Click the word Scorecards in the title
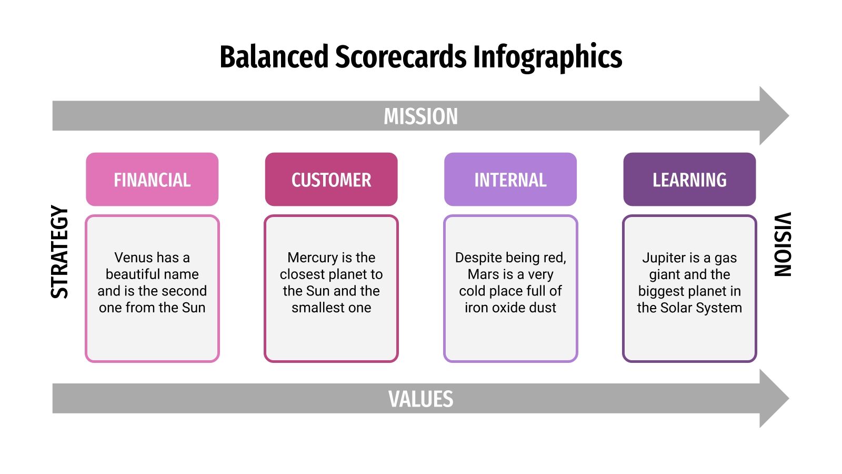[400, 57]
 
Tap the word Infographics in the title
[547, 57]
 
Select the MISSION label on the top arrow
[420, 116]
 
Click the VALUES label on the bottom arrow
[420, 399]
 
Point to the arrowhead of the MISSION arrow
[774, 116]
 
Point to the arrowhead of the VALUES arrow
[774, 398]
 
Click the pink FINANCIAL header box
[152, 180]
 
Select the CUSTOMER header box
[331, 180]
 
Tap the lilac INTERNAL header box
[510, 180]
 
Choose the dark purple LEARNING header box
[689, 180]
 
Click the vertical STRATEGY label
[59, 252]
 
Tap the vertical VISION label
[783, 244]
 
